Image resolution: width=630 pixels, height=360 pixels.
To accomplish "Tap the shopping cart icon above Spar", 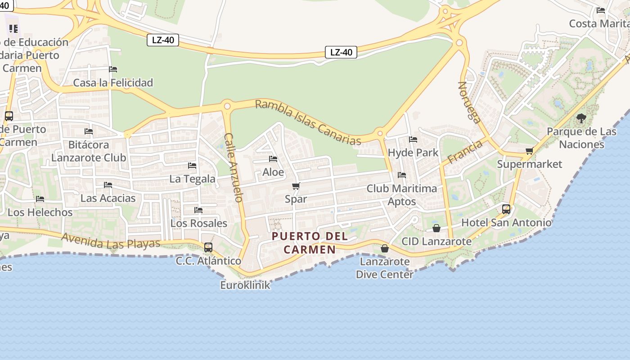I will (x=296, y=186).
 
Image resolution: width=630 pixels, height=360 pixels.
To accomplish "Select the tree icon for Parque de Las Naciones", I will (x=581, y=118).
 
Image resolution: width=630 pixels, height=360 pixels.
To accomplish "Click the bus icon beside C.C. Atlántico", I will (x=208, y=247).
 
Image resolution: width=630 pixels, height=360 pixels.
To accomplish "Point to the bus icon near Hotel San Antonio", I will (x=506, y=209).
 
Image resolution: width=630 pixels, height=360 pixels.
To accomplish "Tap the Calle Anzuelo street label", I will (x=234, y=167).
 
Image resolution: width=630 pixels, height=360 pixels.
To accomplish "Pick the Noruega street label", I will (x=469, y=102).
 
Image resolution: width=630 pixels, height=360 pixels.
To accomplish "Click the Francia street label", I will (x=465, y=151).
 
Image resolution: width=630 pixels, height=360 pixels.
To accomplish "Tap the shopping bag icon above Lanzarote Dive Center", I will (x=385, y=248).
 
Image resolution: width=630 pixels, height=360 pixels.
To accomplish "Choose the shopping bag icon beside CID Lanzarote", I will (x=436, y=228).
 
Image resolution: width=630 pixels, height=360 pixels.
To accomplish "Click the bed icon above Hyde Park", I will (x=413, y=139).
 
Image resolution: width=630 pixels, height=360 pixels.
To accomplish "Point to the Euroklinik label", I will (x=245, y=285).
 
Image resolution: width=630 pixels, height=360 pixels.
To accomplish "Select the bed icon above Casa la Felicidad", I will (x=113, y=69).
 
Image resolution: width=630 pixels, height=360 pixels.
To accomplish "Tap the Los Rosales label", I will (x=198, y=223).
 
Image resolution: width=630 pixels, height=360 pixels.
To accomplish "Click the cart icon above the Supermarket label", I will (x=529, y=151).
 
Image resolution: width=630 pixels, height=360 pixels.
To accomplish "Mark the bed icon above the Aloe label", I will (x=273, y=159).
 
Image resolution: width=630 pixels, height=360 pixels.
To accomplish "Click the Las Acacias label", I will (x=108, y=198).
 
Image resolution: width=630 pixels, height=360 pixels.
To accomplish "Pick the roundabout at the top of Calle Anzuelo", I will (x=227, y=106).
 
